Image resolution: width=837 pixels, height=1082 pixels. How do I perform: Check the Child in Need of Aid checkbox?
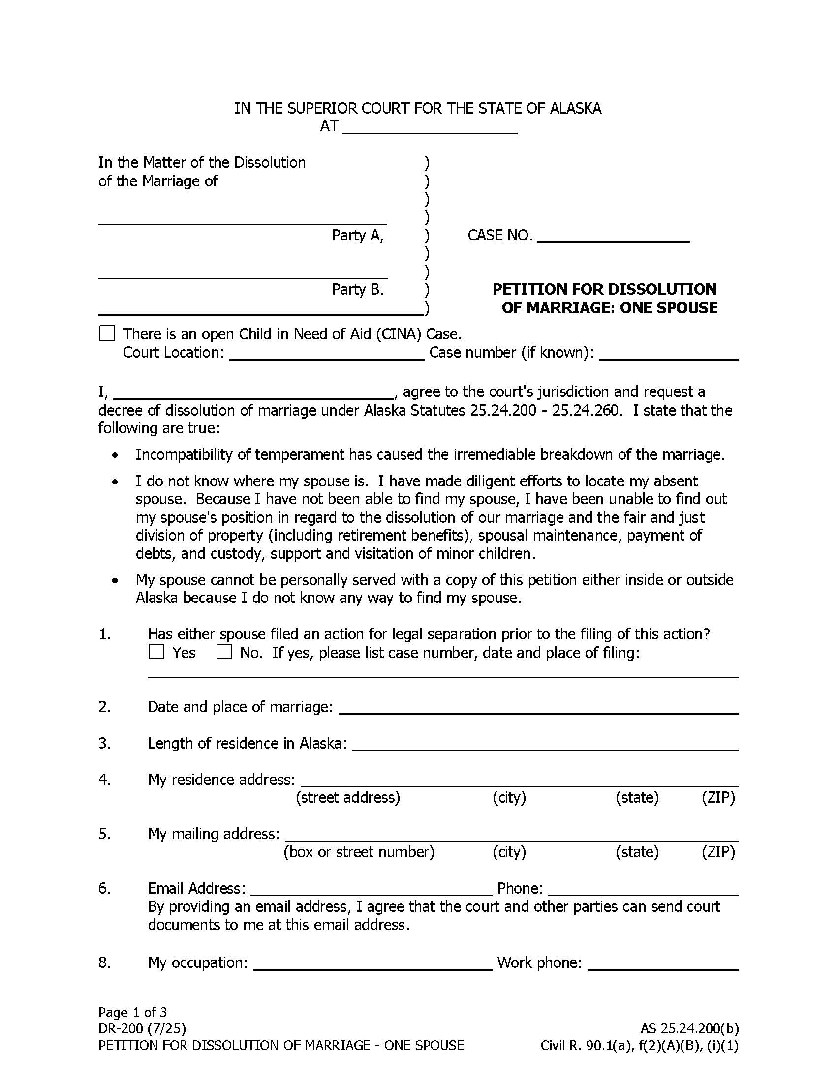[107, 333]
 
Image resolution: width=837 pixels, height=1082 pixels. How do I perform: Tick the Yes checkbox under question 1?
[156, 652]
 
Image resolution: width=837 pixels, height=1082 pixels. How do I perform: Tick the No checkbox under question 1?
[224, 652]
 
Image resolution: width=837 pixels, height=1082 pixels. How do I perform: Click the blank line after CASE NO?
[613, 236]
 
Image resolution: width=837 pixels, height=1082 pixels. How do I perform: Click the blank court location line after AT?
[430, 127]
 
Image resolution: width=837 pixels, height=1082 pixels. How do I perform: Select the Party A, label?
[357, 235]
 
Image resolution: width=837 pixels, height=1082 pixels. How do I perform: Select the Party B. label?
[357, 289]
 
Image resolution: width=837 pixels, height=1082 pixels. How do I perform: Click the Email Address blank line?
[371, 888]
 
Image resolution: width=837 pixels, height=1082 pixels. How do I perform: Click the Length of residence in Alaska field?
[545, 744]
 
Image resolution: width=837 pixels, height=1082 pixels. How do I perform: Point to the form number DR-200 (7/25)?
[142, 1029]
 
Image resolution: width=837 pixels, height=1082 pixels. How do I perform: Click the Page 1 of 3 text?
[132, 1012]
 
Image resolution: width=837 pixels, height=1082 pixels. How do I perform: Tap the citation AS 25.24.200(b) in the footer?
[689, 1029]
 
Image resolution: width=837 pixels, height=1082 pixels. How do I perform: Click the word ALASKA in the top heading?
[575, 109]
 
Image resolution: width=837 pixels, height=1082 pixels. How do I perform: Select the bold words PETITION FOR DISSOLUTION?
[604, 289]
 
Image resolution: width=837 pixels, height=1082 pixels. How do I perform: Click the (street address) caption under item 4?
[347, 797]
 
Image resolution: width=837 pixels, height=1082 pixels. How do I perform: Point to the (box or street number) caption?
[359, 852]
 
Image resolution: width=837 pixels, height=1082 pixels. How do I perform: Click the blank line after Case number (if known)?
[669, 353]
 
